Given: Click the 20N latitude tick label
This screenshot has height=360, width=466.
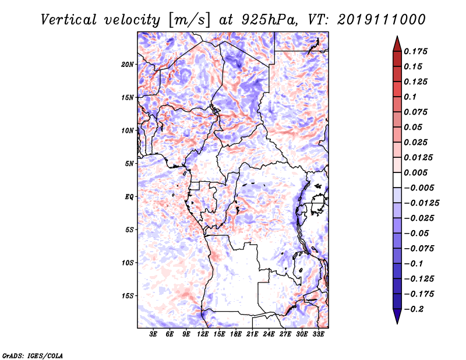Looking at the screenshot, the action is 127,65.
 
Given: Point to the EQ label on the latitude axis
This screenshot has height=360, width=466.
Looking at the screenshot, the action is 129,197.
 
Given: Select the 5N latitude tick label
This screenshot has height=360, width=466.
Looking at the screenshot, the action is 129,164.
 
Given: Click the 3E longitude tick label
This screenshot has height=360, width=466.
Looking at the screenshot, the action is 153,334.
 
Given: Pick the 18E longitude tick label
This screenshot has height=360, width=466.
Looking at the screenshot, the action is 236,334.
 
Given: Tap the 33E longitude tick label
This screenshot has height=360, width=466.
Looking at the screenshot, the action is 318,334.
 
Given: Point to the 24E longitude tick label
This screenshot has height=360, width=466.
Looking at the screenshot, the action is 269,334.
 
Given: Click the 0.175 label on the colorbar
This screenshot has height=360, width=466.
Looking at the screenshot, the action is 415,51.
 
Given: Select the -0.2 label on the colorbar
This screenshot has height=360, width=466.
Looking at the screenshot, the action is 414,309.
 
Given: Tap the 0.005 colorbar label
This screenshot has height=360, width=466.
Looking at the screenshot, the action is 415,172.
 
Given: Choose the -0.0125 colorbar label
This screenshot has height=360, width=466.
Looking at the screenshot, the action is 421,203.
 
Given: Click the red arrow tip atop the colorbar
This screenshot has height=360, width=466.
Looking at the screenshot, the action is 397,37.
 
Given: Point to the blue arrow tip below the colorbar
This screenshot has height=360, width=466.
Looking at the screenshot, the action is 397,323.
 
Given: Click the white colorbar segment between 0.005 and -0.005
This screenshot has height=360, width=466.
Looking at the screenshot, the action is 397,180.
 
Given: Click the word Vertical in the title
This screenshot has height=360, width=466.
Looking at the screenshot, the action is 69,20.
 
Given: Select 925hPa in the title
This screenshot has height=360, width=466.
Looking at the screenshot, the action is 269,20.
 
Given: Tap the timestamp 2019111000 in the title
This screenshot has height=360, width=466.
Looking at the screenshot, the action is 382,20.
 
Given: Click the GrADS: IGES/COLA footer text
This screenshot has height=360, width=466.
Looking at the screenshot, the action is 33,355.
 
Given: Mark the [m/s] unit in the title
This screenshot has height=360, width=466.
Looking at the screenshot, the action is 189,20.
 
